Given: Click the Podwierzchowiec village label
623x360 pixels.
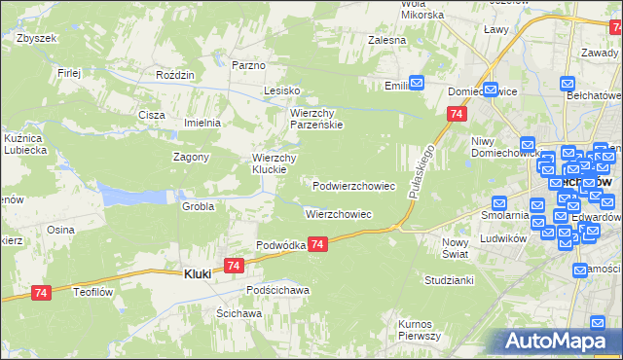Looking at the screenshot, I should [353, 185].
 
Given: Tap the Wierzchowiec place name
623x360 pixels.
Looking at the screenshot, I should [339, 213].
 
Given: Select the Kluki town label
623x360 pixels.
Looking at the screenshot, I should [199, 274].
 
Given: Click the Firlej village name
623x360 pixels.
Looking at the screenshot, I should [68, 73].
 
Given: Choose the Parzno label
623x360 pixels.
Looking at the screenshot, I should [249, 65].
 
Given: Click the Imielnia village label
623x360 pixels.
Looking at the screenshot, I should [203, 124].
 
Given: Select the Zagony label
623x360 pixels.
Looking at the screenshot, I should [192, 158].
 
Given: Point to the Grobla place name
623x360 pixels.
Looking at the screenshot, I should [198, 206].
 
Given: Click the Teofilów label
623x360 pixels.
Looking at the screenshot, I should [95, 290].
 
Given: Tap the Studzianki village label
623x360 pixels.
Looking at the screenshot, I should [449, 280].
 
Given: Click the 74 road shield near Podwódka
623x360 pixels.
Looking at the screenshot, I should [319, 247].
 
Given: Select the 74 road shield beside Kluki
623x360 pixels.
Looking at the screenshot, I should [233, 266].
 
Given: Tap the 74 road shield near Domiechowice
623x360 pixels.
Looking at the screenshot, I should [456, 115].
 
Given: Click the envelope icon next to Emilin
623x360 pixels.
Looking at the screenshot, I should [417, 84].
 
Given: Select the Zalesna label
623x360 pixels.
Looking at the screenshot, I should [385, 41].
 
